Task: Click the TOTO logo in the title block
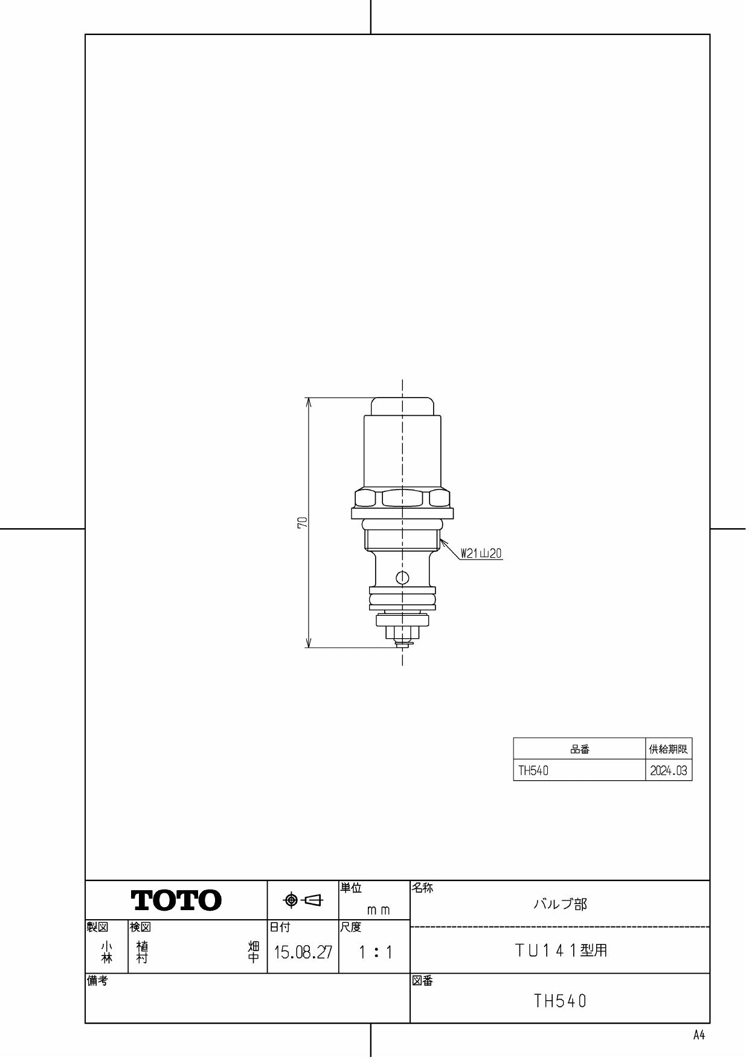[176, 900]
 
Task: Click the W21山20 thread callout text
[481, 553]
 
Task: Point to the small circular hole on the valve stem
[402, 577]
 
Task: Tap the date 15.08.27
[303, 953]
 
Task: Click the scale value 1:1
[375, 953]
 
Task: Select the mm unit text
[378, 910]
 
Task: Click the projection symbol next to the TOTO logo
[303, 900]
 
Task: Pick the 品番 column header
[579, 749]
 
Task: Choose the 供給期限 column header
[668, 749]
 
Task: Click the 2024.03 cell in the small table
[668, 771]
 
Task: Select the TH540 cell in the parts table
[534, 771]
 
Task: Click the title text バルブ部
[560, 905]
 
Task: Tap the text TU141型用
[560, 951]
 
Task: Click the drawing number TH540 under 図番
[560, 1001]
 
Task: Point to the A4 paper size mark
[699, 1035]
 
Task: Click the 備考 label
[97, 981]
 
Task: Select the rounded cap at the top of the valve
[402, 406]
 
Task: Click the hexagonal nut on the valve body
[402, 499]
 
